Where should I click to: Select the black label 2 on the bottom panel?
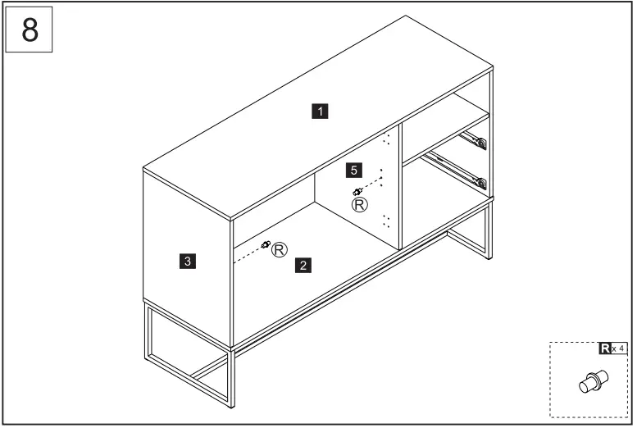(x=304, y=265)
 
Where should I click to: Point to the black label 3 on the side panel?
(x=188, y=262)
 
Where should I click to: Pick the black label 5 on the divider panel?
(x=353, y=170)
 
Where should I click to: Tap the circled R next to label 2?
(x=280, y=248)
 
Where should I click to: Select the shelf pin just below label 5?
(x=357, y=192)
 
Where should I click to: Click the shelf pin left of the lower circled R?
(x=266, y=244)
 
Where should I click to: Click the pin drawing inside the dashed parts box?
(x=591, y=383)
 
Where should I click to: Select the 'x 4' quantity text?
(x=619, y=349)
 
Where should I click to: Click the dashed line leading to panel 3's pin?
(x=248, y=253)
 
